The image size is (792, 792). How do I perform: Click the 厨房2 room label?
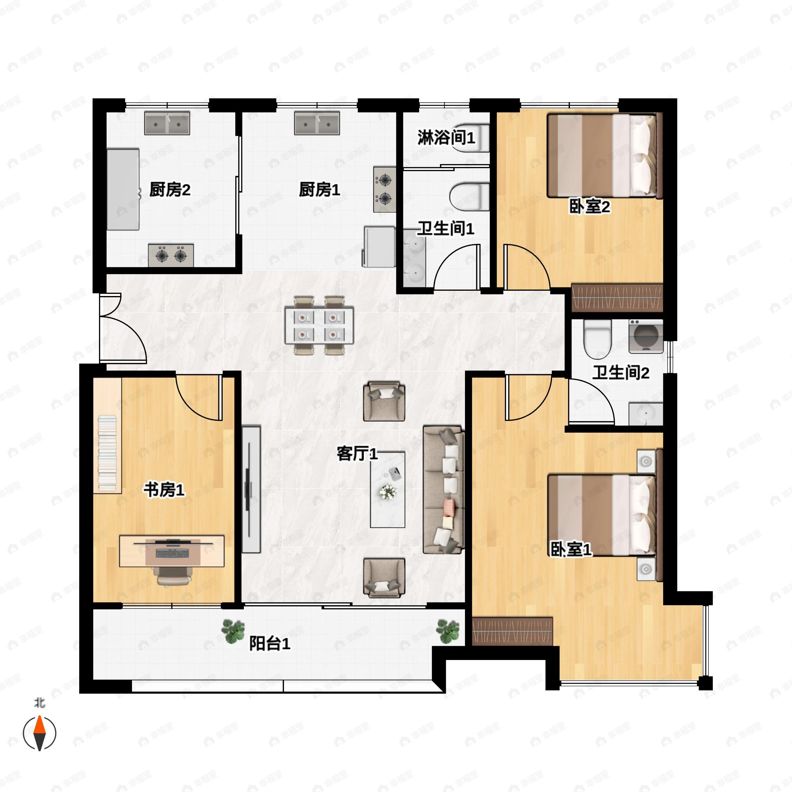[x=170, y=190]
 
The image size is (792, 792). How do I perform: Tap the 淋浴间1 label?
[x=446, y=137]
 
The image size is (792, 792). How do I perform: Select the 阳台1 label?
[x=270, y=643]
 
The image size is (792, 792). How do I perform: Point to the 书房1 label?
[x=164, y=489]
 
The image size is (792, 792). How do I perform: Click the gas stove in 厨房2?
[x=171, y=255]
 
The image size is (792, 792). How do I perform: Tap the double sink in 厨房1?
[x=317, y=123]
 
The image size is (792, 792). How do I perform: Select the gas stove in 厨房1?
[x=384, y=189]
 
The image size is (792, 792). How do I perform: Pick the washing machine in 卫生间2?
[x=646, y=337]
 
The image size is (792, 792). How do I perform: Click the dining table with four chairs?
[x=319, y=325]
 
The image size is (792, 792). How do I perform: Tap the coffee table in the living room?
[x=387, y=489]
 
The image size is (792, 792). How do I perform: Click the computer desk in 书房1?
[x=172, y=551]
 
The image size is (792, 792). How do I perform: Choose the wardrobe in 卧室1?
[x=512, y=631]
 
